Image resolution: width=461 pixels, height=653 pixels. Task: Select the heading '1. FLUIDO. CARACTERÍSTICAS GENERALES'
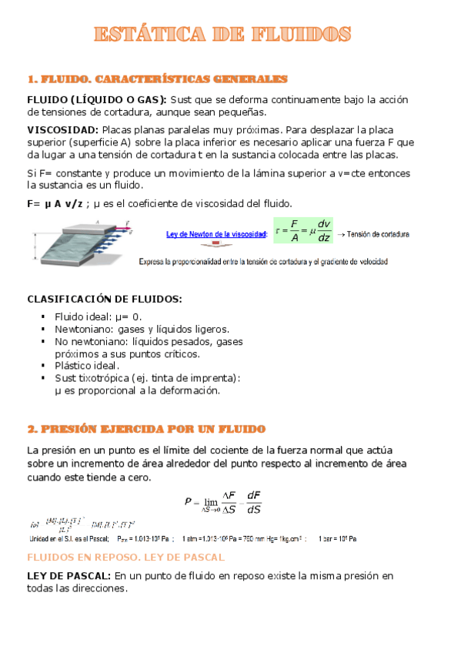point(157,79)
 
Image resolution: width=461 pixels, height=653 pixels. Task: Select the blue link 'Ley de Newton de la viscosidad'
point(216,234)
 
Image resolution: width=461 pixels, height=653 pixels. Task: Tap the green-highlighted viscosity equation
point(304,233)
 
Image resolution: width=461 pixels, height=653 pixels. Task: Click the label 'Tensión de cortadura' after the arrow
point(379,234)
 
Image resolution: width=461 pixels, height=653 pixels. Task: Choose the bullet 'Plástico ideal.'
point(87,366)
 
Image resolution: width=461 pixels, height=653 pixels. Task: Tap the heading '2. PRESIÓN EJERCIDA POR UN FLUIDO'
point(146,429)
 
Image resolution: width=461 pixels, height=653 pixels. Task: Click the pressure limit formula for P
point(233,504)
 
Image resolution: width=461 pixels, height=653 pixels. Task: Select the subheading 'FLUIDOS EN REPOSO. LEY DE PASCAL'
point(125,557)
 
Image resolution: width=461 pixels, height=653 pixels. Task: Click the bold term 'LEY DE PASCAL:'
point(68,575)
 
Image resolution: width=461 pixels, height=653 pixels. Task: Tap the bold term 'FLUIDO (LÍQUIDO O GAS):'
point(96,99)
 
